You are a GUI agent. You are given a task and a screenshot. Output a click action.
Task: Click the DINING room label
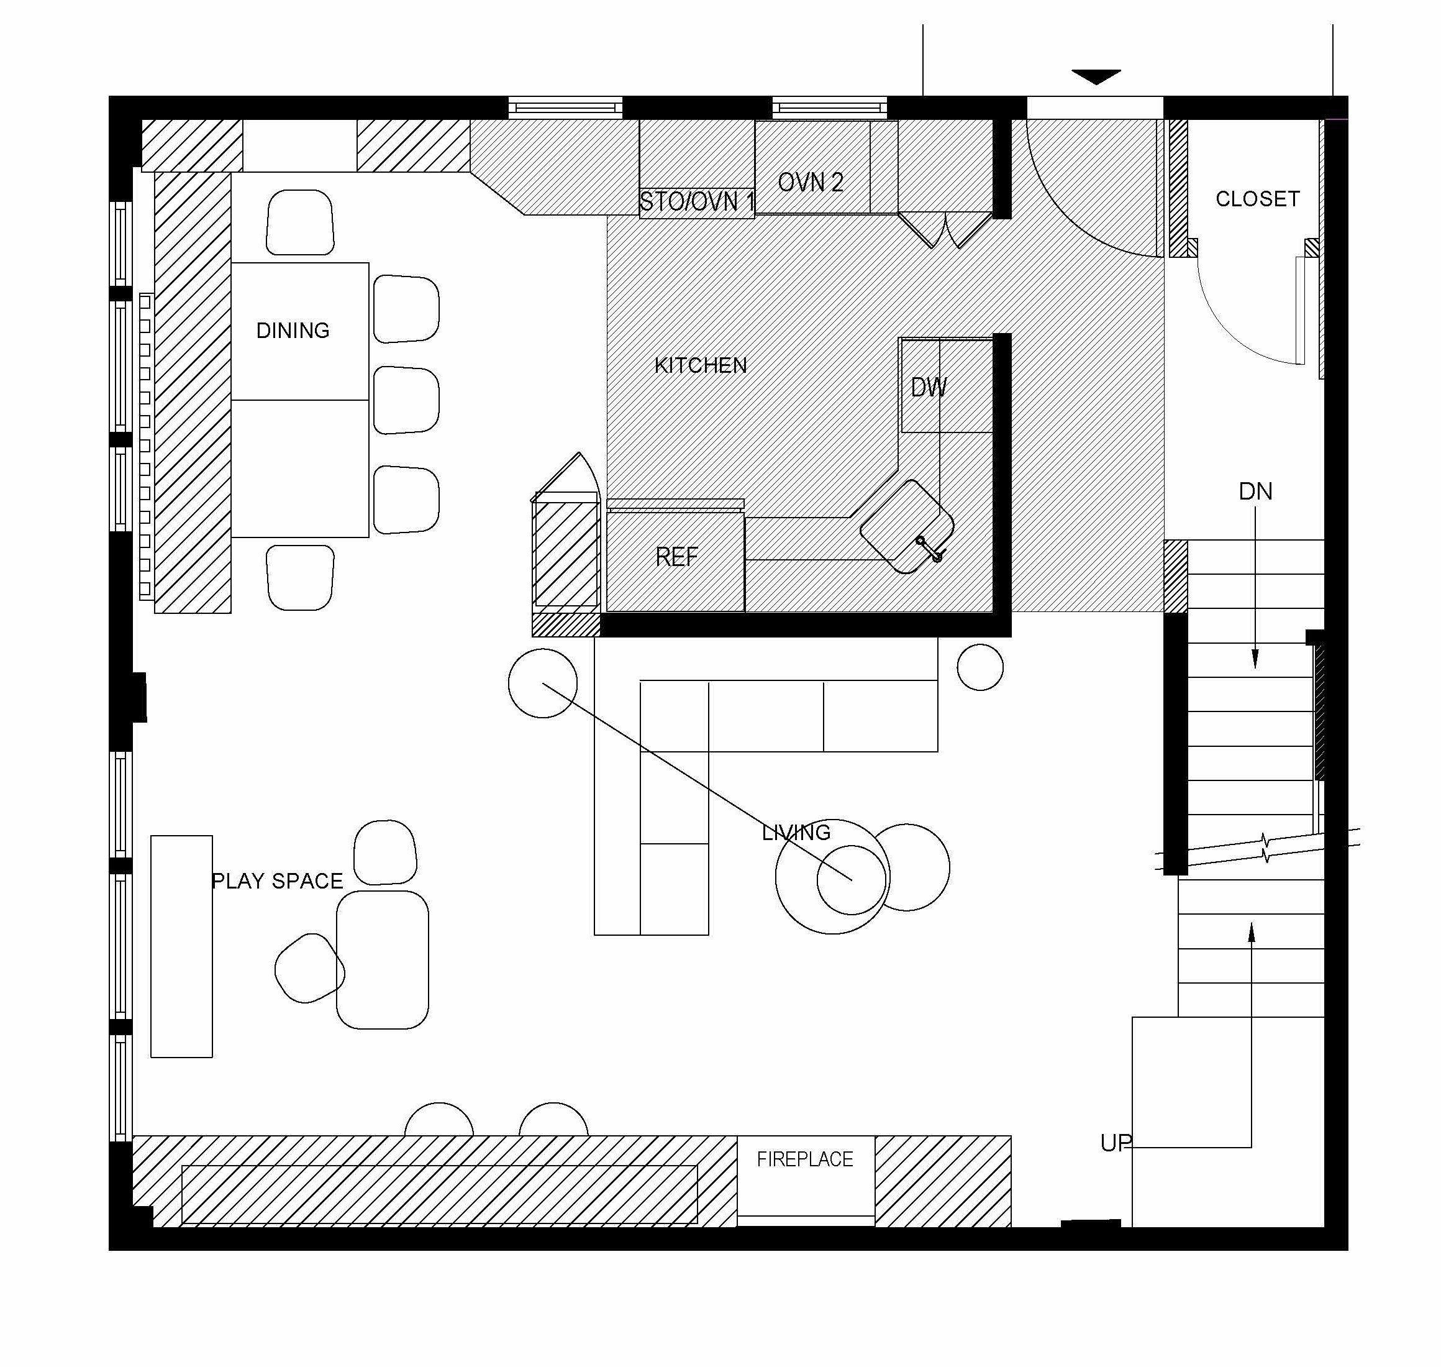pos(293,331)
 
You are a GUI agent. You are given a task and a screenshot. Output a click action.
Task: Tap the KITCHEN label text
pos(700,365)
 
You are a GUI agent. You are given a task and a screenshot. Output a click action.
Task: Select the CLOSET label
pos(1257,199)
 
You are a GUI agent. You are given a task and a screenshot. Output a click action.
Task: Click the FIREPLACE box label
pos(804,1159)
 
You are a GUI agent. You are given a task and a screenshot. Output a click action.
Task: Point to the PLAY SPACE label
pos(277,881)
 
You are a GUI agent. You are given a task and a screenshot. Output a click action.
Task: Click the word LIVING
pos(796,832)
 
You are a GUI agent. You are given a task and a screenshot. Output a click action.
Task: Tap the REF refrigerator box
pos(675,557)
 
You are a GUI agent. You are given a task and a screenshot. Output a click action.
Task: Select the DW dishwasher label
pos(928,388)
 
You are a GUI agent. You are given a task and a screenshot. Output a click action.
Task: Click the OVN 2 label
pos(810,182)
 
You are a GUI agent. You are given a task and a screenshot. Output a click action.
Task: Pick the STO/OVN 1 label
pos(696,201)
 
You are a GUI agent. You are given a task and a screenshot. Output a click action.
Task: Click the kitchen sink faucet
pos(930,549)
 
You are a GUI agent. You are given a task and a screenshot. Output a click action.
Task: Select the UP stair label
pos(1116,1143)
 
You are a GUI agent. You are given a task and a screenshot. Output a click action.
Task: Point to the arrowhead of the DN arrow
pos(1255,659)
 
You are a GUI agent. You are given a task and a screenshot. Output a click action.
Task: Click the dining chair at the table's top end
pos(300,222)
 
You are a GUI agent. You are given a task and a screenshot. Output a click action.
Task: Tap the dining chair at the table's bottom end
pos(300,577)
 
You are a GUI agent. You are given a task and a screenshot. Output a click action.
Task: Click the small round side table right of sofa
pos(980,667)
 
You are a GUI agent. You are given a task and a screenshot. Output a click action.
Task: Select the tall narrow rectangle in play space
pos(181,946)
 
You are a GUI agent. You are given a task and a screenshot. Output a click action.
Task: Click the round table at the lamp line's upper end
pos(542,683)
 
